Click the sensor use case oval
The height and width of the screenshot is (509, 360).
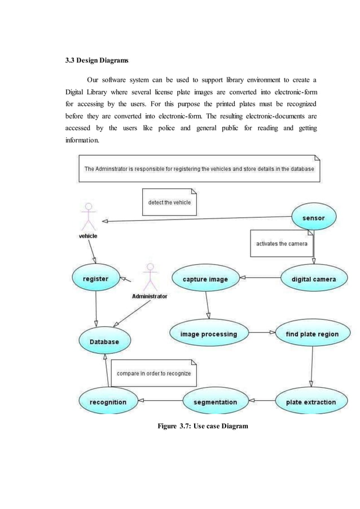click(314, 217)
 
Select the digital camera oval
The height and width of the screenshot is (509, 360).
click(313, 279)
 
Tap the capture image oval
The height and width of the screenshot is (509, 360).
click(205, 279)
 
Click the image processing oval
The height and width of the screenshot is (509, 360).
click(208, 334)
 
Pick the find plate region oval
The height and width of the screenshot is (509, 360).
click(312, 334)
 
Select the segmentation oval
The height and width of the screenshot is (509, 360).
click(215, 402)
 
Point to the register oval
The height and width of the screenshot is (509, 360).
click(96, 278)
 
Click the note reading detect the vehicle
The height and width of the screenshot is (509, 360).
click(169, 202)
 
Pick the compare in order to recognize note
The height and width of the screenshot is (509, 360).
click(153, 373)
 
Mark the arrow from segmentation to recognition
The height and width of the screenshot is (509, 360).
click(161, 401)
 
